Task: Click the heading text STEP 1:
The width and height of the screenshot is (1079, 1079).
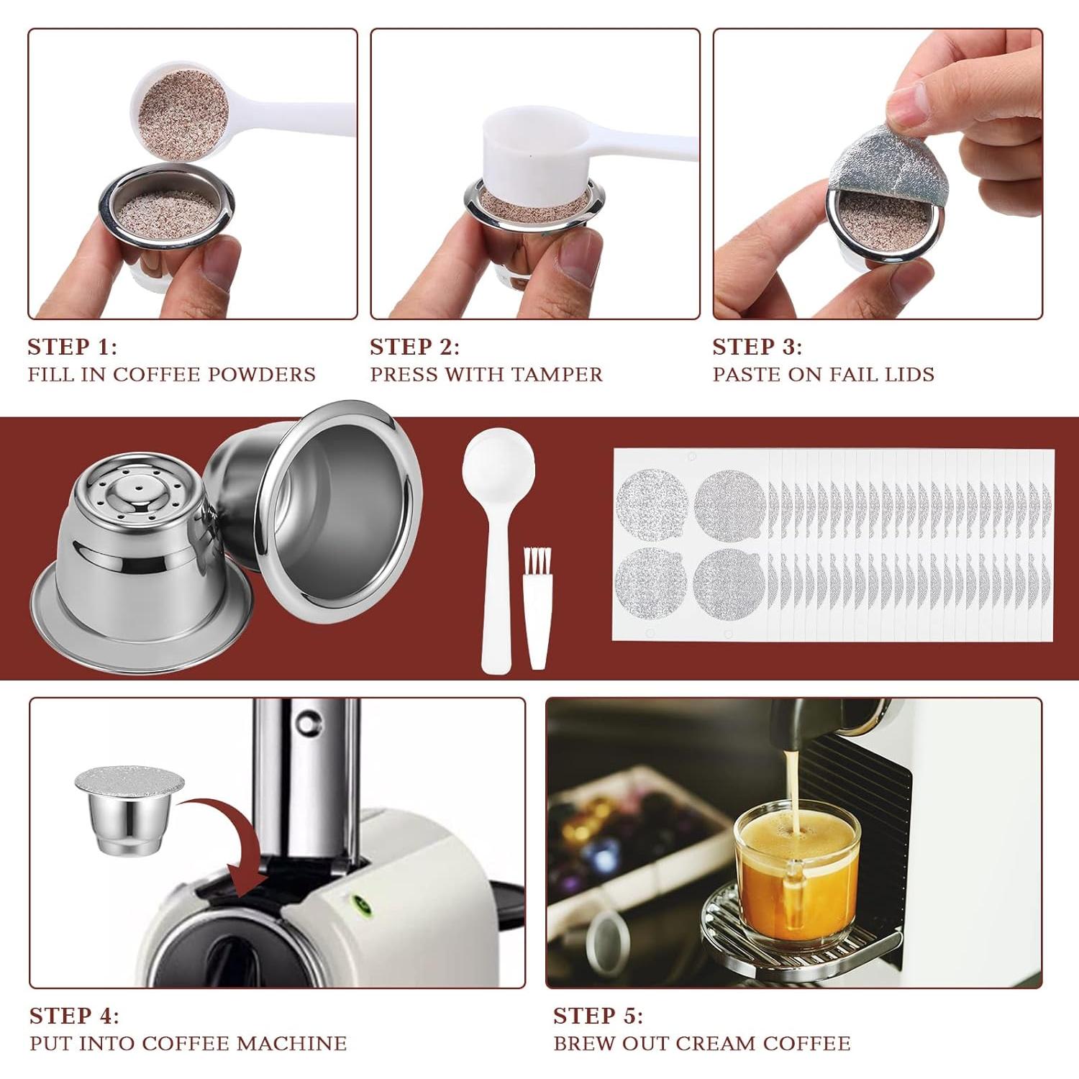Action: coord(72,347)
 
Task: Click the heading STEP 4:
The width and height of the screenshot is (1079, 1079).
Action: coord(73,1016)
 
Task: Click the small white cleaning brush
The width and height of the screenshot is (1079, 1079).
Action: coord(537,611)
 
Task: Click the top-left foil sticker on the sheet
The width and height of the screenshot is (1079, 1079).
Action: coord(652,504)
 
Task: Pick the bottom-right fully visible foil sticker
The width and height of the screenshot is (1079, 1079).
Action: coord(729,583)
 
